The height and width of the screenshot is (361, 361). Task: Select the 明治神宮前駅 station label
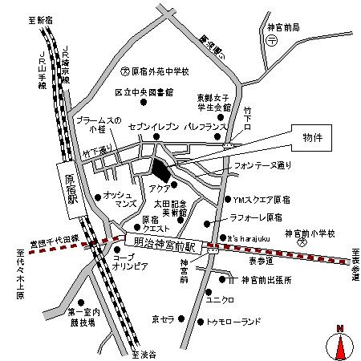166,240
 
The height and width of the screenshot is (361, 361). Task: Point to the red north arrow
339,346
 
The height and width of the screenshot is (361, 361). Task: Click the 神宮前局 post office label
284,27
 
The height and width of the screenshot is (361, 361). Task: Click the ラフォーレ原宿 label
256,217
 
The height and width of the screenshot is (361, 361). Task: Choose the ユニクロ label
221,300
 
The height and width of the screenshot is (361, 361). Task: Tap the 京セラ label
164,318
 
